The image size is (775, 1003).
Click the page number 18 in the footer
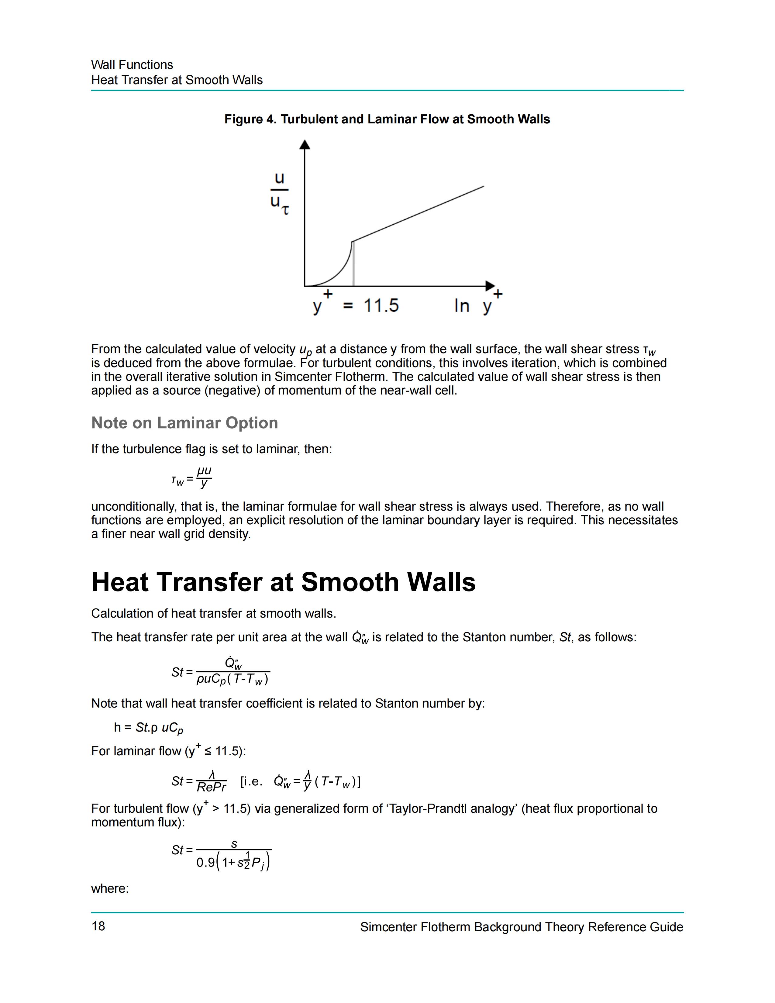point(98,926)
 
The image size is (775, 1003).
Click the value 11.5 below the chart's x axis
point(381,305)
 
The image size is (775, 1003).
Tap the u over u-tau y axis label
point(279,193)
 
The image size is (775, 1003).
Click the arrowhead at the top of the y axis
point(305,145)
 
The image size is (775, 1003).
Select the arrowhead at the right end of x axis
point(490,286)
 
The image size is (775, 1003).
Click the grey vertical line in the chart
point(353,266)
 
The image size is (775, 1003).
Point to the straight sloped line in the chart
point(418,214)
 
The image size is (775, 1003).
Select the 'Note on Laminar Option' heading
point(184,422)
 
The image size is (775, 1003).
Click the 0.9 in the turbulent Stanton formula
point(205,863)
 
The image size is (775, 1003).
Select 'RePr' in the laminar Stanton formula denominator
point(211,787)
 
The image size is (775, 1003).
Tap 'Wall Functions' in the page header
point(132,65)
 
